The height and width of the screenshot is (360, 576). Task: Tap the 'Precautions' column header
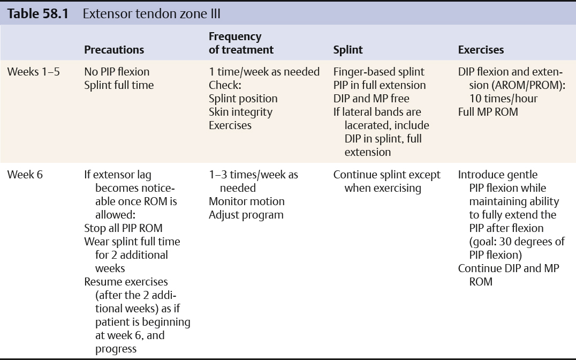click(x=114, y=50)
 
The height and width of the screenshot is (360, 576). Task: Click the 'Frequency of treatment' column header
click(x=241, y=43)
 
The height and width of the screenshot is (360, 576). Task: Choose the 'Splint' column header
click(x=348, y=50)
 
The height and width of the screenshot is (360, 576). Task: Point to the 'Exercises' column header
click(x=481, y=50)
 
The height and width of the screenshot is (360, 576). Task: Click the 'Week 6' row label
click(x=25, y=175)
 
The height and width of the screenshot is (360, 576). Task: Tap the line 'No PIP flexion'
click(x=117, y=72)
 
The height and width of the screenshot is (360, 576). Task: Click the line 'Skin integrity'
click(x=240, y=112)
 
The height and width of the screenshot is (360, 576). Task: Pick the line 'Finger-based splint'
click(x=378, y=72)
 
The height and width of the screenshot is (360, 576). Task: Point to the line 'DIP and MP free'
click(x=372, y=99)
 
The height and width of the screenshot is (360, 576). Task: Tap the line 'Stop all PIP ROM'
click(x=123, y=228)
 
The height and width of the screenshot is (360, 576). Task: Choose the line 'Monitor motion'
click(x=247, y=201)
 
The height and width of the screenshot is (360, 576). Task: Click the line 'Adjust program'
click(x=246, y=215)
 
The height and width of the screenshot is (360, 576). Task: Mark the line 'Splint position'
click(x=243, y=99)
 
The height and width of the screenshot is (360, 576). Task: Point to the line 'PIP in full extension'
click(x=380, y=85)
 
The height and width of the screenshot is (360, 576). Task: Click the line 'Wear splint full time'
click(x=132, y=242)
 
